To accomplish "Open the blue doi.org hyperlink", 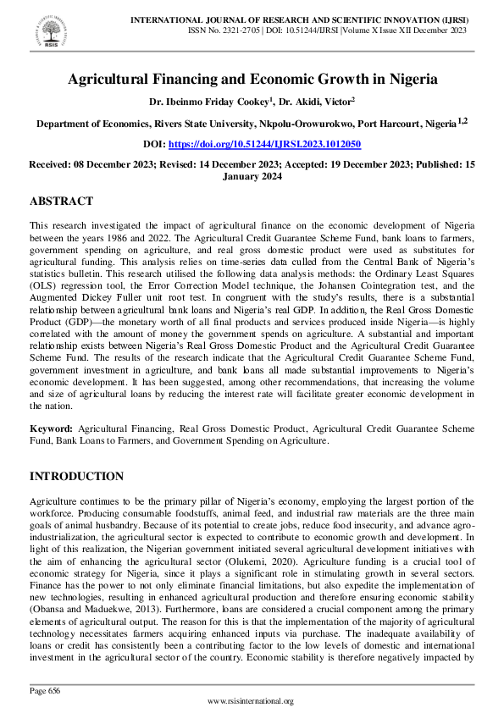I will [264, 145].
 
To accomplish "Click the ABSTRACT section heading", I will [61, 202].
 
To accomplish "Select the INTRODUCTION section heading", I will [76, 477].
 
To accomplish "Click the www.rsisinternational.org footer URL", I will [251, 701].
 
